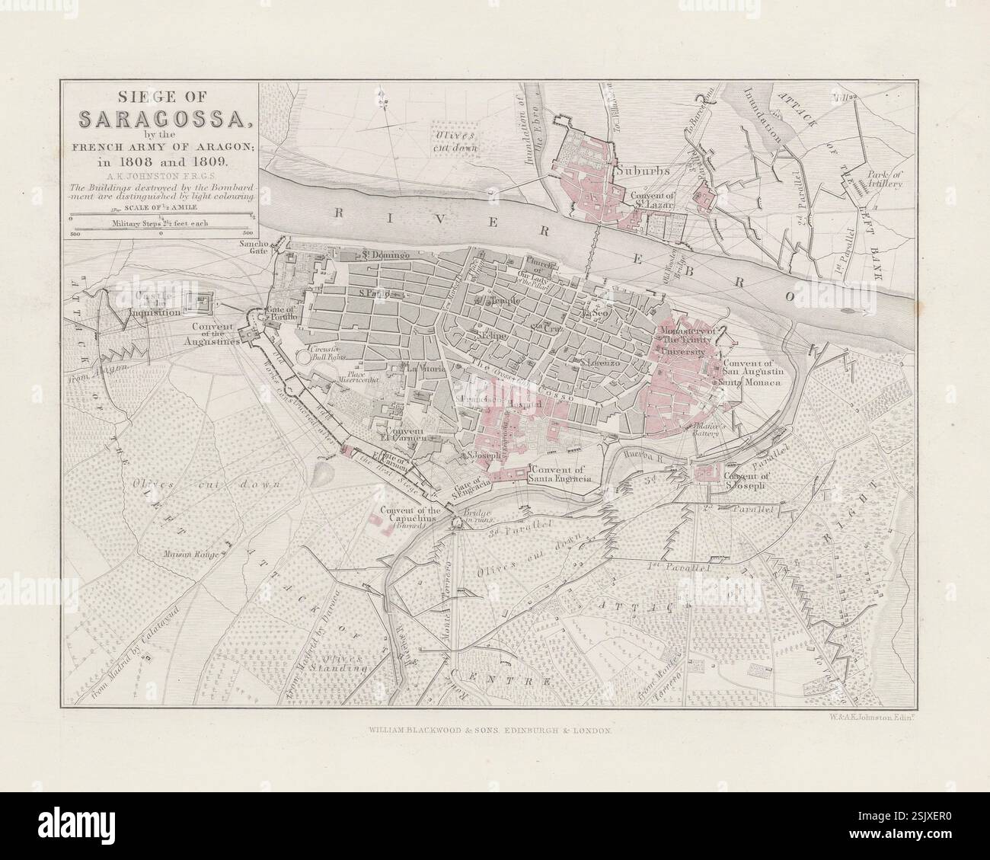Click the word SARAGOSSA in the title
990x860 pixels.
click(161, 119)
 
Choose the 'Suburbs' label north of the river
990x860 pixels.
click(643, 171)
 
